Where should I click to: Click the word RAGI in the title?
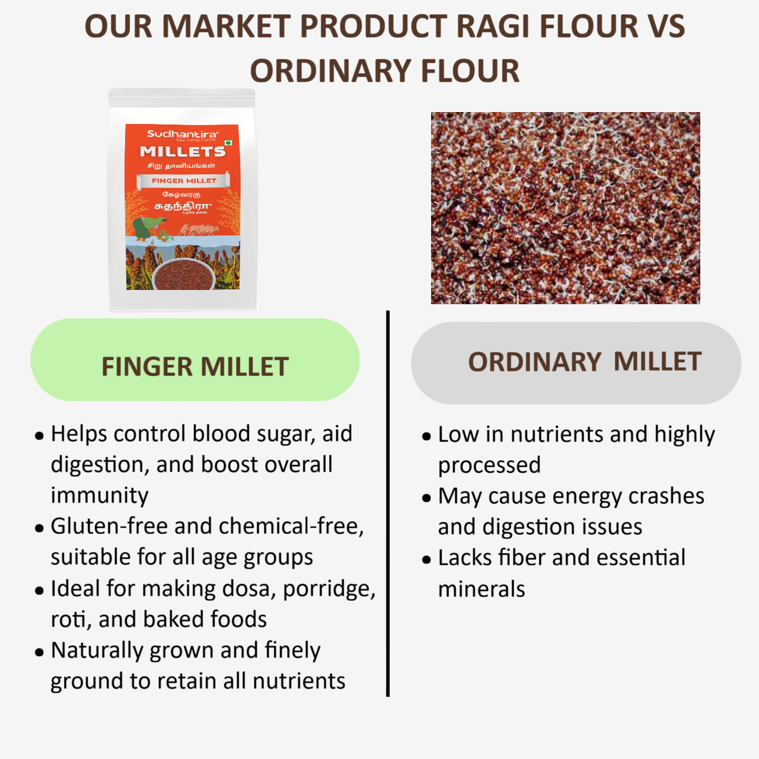(493, 27)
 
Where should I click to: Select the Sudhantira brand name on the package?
(183, 134)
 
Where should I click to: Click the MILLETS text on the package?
(183, 152)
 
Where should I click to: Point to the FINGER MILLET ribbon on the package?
(184, 181)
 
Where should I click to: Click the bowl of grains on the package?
(184, 273)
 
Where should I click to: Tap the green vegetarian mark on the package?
(228, 143)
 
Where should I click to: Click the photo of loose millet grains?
(565, 208)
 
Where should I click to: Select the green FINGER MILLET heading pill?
(194, 360)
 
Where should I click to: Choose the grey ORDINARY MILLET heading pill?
(576, 363)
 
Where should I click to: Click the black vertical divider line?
(388, 504)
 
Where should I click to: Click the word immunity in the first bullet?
(100, 496)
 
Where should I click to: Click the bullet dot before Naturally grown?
(40, 653)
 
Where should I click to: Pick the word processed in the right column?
(489, 465)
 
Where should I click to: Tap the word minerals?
(481, 589)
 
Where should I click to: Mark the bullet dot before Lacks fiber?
(426, 560)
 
